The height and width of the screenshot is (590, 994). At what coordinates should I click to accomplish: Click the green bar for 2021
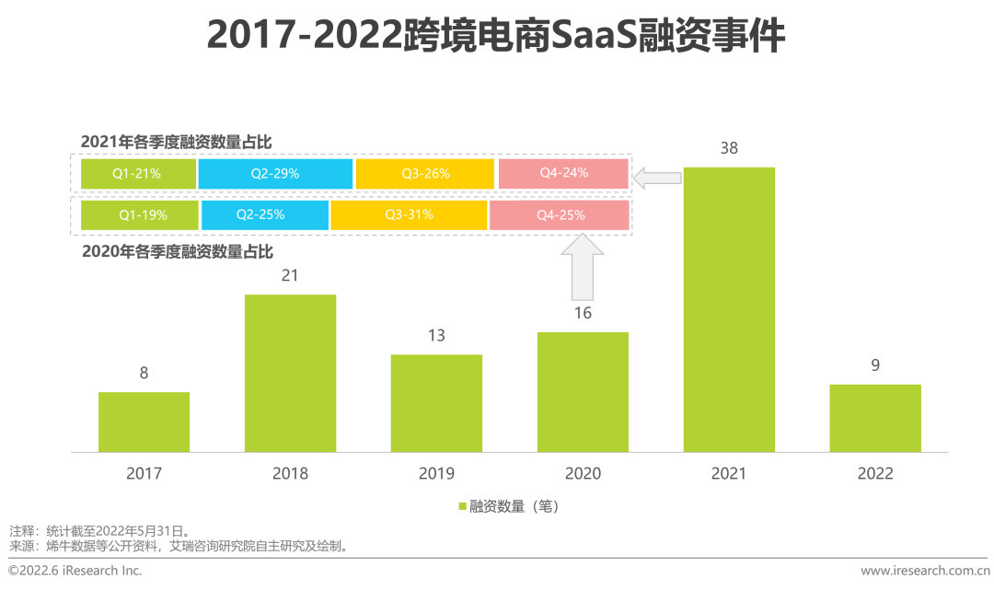(729, 309)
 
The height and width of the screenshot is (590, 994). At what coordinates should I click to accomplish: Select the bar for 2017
(144, 422)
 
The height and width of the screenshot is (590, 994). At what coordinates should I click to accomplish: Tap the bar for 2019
(436, 403)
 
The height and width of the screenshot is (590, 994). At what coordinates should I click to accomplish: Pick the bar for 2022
(874, 418)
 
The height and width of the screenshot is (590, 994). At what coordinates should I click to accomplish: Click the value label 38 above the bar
(729, 148)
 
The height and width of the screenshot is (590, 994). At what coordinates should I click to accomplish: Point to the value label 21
(290, 275)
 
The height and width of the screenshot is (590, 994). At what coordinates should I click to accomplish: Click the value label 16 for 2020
(583, 313)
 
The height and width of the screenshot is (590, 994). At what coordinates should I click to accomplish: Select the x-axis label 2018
(290, 474)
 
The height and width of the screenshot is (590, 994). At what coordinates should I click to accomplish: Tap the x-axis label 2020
(583, 474)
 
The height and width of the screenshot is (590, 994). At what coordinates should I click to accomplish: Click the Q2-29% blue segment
(275, 173)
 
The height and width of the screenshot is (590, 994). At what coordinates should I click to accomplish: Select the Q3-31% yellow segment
(409, 214)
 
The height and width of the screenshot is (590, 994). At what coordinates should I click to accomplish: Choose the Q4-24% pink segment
(563, 173)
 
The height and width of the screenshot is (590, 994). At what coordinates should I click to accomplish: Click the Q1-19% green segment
(140, 214)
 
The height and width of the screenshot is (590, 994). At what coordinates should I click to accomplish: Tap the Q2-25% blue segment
(264, 214)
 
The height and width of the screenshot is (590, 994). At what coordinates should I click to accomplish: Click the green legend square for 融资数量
(462, 506)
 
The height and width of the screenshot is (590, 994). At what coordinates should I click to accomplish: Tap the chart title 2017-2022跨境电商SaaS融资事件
(496, 37)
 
